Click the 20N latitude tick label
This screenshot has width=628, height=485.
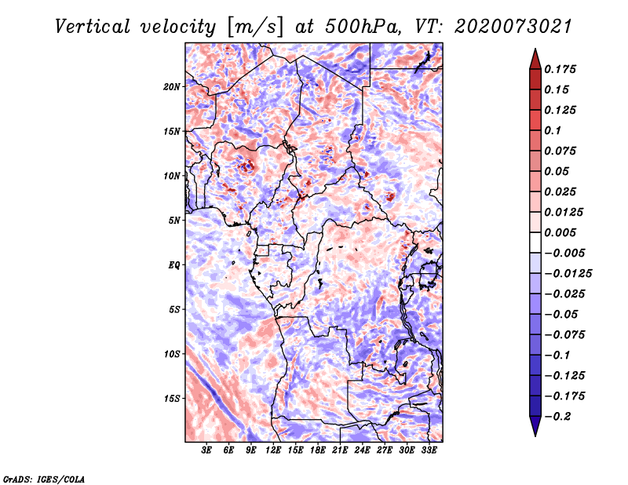[x=172, y=86]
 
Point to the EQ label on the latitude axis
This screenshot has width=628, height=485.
[x=174, y=264]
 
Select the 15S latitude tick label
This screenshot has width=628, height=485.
[x=172, y=398]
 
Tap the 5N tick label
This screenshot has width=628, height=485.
[x=174, y=220]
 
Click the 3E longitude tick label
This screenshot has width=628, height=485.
[x=207, y=450]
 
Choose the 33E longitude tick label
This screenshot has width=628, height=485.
[x=429, y=450]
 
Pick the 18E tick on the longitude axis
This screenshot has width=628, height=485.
[x=318, y=450]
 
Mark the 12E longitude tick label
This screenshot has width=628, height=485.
[x=273, y=450]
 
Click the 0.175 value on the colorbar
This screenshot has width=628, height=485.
[x=561, y=70]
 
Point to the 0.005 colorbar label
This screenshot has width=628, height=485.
[x=561, y=233]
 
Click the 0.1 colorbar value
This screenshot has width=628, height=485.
[x=553, y=130]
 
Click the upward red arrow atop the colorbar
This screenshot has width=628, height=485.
[x=534, y=57]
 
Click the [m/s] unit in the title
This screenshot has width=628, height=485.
[x=254, y=27]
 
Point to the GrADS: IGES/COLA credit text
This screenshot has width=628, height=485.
[x=43, y=478]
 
